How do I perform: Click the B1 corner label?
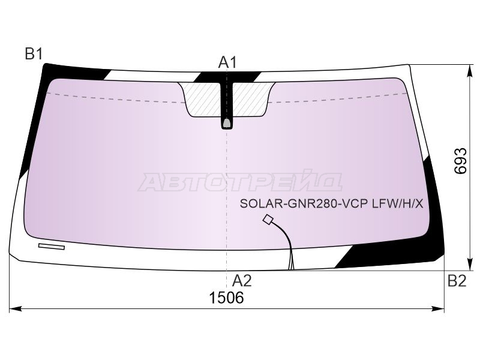click(x=34, y=54)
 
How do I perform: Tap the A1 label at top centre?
click(x=227, y=62)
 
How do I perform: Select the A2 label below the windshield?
click(x=242, y=280)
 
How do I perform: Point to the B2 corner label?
click(x=457, y=280)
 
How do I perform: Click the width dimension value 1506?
click(x=226, y=297)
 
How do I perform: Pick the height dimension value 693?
click(x=460, y=161)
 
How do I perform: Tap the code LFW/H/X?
click(x=397, y=203)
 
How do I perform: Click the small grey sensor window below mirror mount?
click(x=227, y=123)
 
